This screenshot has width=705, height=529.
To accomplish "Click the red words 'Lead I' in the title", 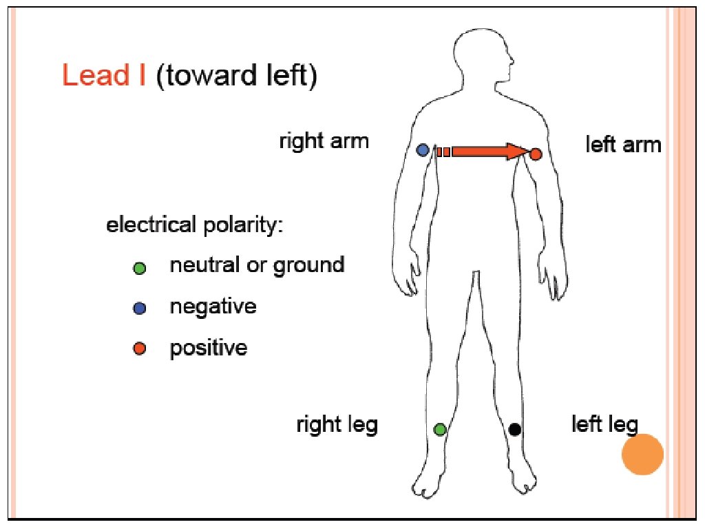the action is [x=103, y=75].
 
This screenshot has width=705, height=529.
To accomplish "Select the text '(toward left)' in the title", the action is [x=236, y=76].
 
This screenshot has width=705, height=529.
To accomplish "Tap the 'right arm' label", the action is [x=324, y=142].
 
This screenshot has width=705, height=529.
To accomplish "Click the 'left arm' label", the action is [x=623, y=145].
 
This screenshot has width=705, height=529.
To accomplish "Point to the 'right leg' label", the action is [x=337, y=424].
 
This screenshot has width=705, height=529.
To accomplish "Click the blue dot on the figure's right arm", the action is [x=423, y=149].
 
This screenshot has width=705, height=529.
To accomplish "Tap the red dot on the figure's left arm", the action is [x=536, y=154].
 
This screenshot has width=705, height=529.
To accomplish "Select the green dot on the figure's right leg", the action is [x=440, y=429].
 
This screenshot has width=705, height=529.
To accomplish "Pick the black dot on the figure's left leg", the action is [x=514, y=429].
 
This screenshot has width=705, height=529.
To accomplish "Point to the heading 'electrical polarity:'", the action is [x=194, y=226].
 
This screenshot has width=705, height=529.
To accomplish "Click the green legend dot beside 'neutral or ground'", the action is [x=140, y=268].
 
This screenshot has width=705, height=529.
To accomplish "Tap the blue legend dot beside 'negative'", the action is [x=140, y=309].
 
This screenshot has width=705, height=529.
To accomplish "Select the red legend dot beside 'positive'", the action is [x=140, y=349].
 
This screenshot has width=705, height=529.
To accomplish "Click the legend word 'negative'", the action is [x=213, y=307].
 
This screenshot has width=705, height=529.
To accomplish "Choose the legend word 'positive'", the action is [x=208, y=348].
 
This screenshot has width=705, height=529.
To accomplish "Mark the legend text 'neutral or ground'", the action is [x=257, y=265].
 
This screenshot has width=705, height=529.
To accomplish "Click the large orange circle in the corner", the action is [x=642, y=455].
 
